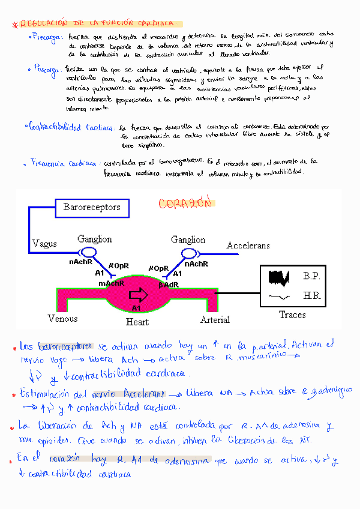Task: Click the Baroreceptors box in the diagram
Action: point(91,208)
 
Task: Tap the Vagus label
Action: point(44,243)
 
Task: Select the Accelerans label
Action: point(248,245)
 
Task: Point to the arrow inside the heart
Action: point(139,294)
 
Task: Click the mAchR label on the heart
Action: point(112,283)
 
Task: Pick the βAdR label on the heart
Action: point(169,285)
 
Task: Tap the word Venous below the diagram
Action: point(63,318)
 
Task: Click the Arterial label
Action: point(215,319)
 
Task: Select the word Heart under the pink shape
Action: point(137,322)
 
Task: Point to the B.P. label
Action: point(311,276)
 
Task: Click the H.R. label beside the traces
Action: point(311,297)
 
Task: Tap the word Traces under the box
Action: point(292,315)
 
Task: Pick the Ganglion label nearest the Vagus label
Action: point(94,239)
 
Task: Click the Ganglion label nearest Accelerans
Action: point(188,239)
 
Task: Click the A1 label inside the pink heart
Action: point(136,309)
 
